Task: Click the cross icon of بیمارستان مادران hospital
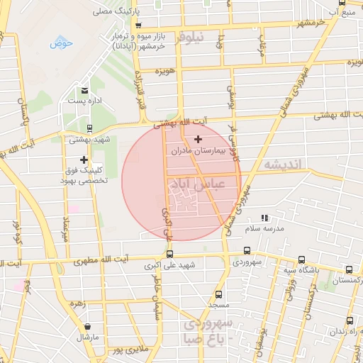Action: point(197,138)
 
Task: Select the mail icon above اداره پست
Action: point(85,90)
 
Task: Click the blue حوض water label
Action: point(62,43)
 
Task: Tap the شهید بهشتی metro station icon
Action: point(89,128)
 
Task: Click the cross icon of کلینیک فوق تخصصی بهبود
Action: point(84,160)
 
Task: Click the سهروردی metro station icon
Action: point(247,250)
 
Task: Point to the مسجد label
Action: point(218,304)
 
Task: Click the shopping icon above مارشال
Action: point(87,327)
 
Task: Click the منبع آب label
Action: point(344,13)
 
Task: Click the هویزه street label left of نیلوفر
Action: point(165,72)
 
